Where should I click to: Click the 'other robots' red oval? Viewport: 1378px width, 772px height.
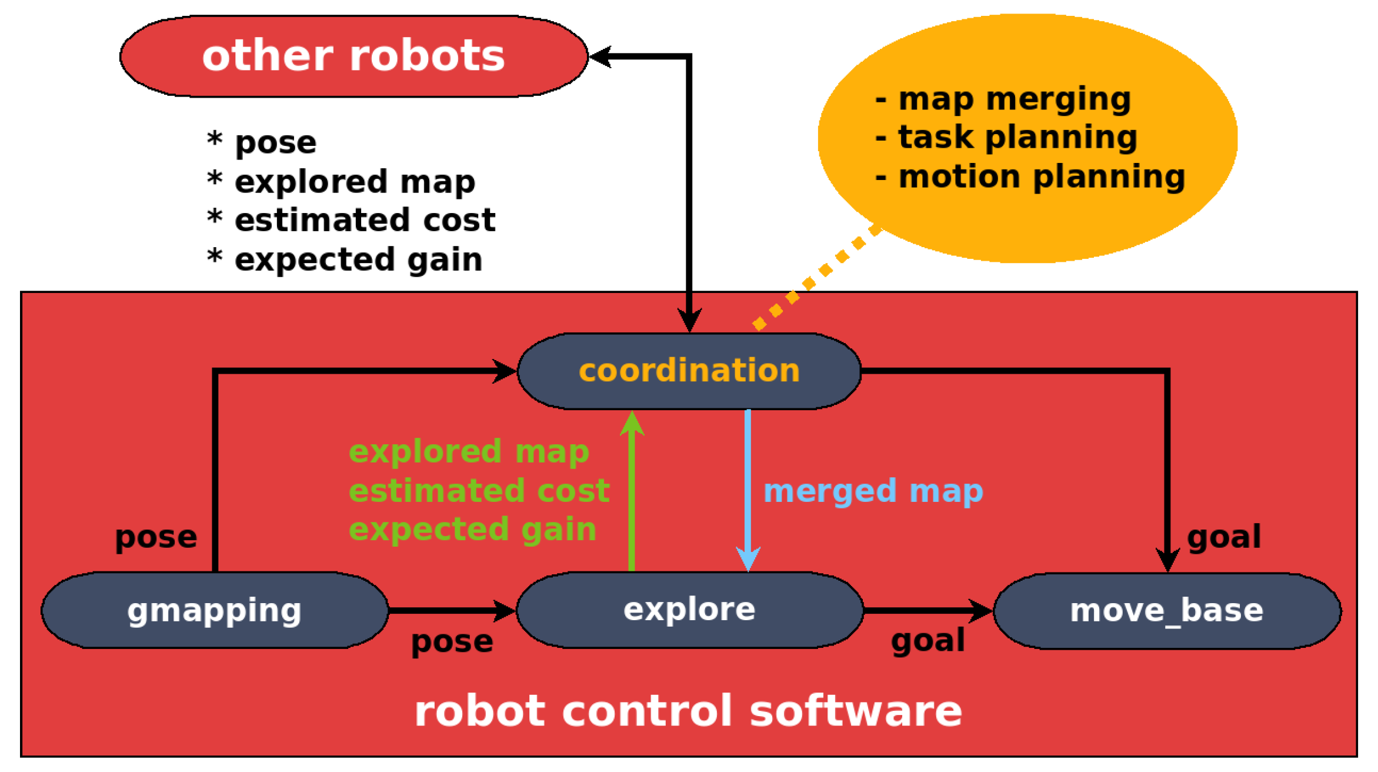click(353, 56)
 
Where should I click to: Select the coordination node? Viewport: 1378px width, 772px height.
click(689, 371)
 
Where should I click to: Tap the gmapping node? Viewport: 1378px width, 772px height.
click(215, 611)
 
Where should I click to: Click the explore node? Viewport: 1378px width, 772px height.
click(689, 610)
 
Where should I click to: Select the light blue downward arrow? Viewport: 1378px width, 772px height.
click(748, 488)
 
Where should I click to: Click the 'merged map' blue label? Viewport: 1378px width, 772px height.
click(873, 491)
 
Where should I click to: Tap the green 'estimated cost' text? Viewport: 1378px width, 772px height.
click(479, 491)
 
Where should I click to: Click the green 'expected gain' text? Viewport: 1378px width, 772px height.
click(472, 530)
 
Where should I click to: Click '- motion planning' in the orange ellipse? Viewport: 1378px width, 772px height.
click(1030, 177)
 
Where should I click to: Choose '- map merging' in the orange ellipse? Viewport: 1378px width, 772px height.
click(1003, 99)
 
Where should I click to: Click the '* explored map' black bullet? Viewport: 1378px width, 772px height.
click(341, 182)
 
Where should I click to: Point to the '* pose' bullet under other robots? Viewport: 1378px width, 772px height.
click(262, 142)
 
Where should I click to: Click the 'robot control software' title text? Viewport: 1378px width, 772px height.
click(688, 711)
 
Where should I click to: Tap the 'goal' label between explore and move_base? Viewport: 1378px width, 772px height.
click(927, 641)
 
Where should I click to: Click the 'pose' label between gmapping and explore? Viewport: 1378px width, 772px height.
click(452, 642)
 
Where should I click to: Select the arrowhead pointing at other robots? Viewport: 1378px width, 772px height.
click(600, 56)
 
